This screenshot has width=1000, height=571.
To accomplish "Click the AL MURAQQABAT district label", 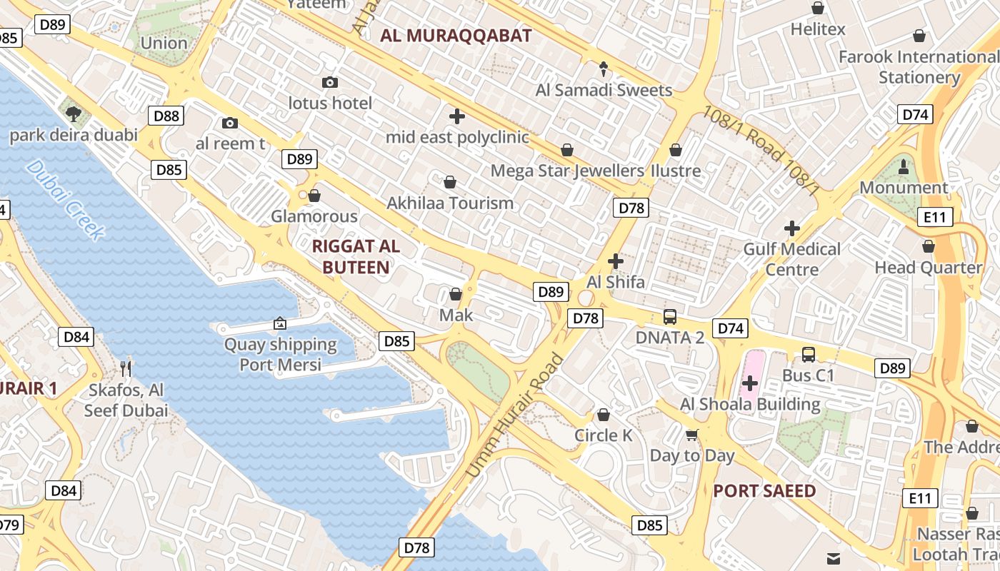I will tap(456, 36).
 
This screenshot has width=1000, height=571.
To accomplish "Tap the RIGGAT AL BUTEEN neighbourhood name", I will tap(356, 257).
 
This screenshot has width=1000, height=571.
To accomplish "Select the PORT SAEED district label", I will tap(764, 491).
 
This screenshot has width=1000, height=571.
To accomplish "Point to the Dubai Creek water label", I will tap(66, 199).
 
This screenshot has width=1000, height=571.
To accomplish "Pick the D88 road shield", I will tap(166, 116).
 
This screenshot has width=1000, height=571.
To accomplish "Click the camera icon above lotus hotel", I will tap(329, 83).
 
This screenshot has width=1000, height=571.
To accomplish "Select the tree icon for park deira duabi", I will tap(73, 113).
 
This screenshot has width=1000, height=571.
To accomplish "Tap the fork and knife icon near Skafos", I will tap(126, 368).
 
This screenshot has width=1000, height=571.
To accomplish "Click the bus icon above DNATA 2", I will tap(670, 317).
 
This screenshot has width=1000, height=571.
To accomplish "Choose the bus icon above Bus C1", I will tap(808, 354).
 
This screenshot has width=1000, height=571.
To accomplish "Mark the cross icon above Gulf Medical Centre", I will tap(791, 228).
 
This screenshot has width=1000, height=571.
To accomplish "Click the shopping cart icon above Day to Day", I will tap(691, 435).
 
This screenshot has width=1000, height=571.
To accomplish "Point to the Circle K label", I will tap(604, 435).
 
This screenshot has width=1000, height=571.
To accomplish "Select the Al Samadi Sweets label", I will tap(604, 90).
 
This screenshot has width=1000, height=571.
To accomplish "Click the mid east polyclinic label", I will tap(457, 137).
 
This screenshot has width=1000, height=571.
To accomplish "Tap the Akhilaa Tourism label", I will tap(450, 203).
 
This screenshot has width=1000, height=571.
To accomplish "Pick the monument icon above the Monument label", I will tap(904, 167).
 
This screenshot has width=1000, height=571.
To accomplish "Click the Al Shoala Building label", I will tap(750, 404).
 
